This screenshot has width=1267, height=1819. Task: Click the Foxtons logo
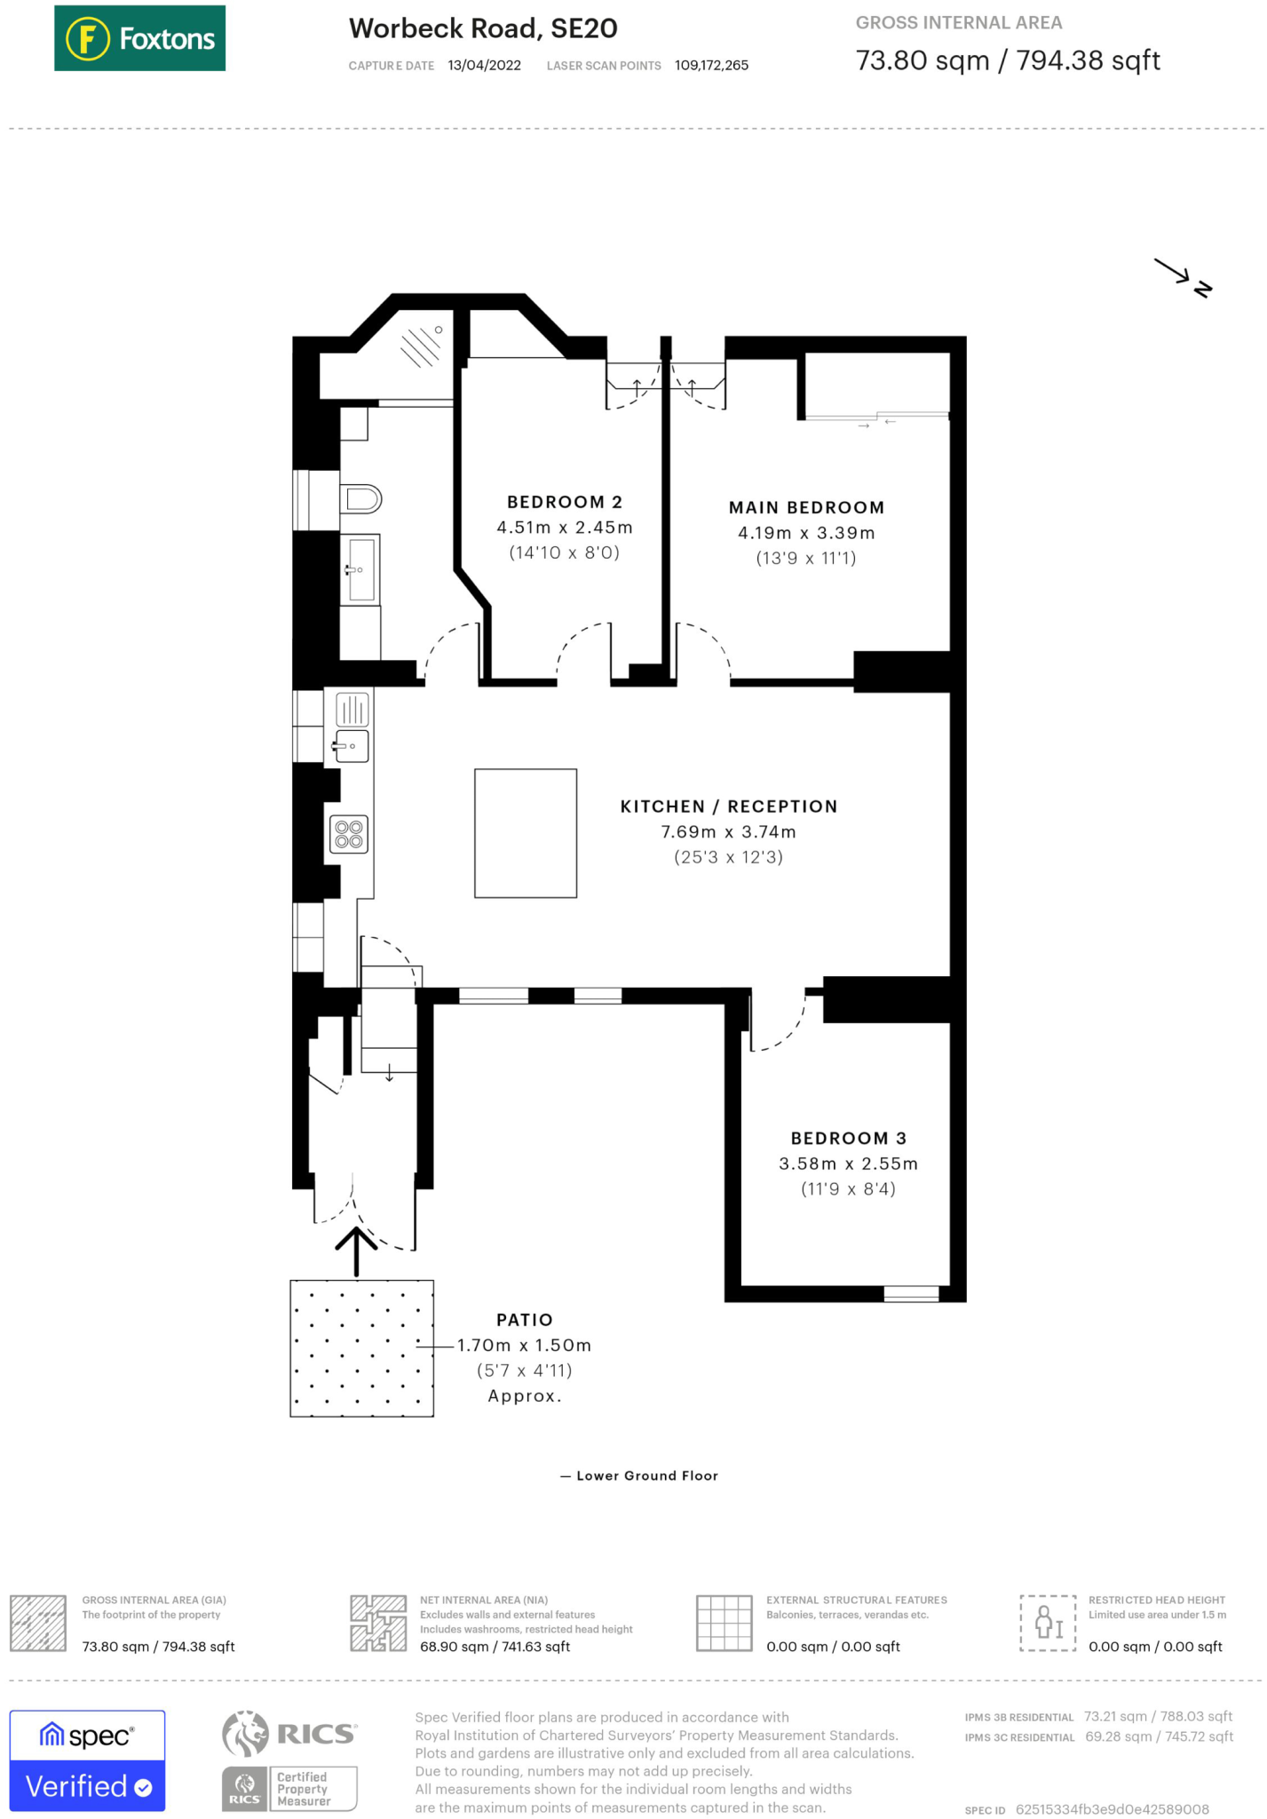tap(139, 38)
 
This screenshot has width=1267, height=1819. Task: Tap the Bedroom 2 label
tap(565, 502)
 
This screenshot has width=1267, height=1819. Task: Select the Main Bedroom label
tap(806, 507)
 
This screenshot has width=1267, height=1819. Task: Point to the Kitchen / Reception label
tap(728, 806)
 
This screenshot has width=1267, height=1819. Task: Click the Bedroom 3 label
tap(849, 1138)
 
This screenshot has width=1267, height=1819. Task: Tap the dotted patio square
tap(361, 1348)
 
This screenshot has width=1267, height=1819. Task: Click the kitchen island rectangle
tap(526, 833)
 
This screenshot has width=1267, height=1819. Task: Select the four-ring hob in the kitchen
tap(349, 834)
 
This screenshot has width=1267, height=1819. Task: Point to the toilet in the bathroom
tap(360, 499)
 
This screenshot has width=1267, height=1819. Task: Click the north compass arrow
tap(1183, 277)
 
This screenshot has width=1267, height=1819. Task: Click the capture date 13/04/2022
tap(484, 66)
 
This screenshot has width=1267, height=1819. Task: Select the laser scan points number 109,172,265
tap(711, 66)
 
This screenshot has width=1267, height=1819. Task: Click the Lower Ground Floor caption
tap(639, 1475)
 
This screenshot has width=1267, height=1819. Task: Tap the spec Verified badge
tap(87, 1760)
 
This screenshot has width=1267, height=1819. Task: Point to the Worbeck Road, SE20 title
tap(483, 28)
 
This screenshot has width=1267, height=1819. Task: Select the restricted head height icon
tap(1048, 1623)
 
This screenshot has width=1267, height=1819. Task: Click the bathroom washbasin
tap(360, 568)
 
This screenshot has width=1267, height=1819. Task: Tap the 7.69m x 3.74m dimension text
tap(728, 832)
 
